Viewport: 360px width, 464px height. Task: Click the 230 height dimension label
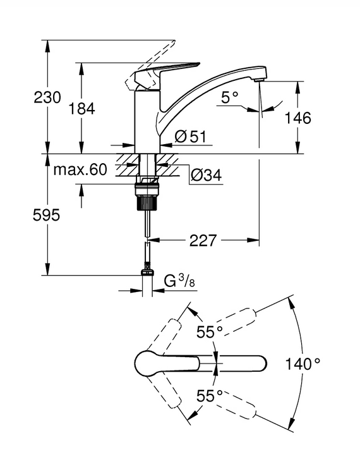(x=47, y=97)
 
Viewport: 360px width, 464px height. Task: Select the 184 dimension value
(x=82, y=109)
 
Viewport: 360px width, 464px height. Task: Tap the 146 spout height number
(x=297, y=118)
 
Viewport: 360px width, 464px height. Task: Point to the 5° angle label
(x=230, y=97)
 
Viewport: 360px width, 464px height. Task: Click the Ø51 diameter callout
(x=190, y=137)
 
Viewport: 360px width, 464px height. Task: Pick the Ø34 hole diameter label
(x=206, y=175)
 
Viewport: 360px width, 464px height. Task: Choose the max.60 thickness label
(x=80, y=170)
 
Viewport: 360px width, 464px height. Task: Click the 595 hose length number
(x=46, y=215)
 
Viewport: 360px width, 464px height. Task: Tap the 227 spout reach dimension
(x=203, y=241)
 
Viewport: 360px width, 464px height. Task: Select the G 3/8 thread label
(x=180, y=281)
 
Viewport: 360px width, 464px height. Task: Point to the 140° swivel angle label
(x=303, y=363)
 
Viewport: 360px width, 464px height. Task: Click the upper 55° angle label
(x=210, y=332)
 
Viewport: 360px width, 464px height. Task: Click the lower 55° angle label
(x=210, y=396)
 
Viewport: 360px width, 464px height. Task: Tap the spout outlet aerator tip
(x=259, y=80)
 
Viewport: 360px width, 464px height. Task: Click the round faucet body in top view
(x=147, y=363)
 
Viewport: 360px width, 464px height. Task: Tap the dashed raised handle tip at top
(x=171, y=43)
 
